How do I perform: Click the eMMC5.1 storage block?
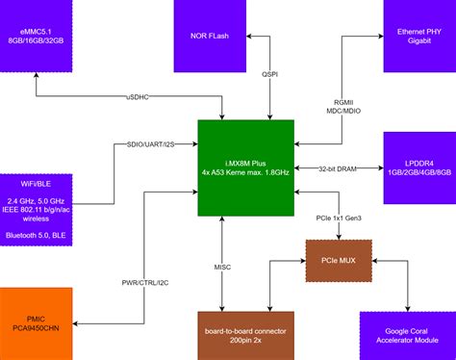[36, 37]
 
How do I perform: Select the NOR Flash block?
[209, 37]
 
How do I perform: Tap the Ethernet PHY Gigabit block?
[418, 37]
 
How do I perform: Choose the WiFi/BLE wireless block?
[36, 203]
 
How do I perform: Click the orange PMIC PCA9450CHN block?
[36, 322]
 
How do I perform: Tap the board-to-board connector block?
[245, 334]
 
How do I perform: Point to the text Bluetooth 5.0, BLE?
[36, 235]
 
